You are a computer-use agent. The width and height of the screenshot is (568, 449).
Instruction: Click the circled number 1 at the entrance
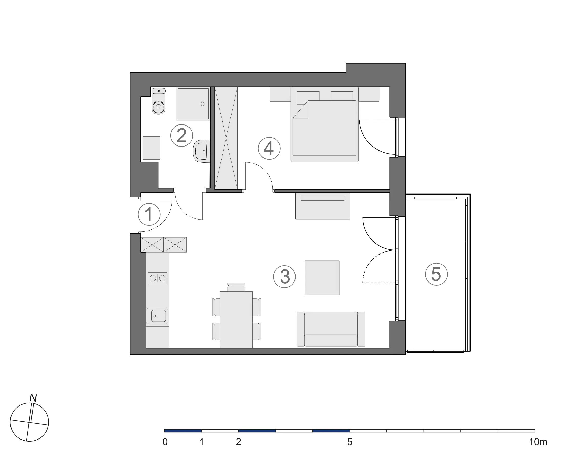click(149, 214)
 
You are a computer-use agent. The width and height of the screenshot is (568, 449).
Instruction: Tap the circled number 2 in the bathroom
click(182, 136)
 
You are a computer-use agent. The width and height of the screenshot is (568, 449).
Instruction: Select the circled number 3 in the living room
click(285, 277)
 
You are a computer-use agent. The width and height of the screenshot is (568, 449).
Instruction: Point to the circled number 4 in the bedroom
click(269, 148)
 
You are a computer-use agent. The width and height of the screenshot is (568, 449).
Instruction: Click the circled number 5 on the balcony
click(436, 274)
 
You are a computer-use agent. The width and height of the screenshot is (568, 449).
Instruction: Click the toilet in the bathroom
click(159, 101)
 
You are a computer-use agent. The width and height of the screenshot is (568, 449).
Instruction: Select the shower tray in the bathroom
click(193, 104)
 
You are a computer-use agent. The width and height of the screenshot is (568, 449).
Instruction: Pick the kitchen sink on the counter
click(157, 316)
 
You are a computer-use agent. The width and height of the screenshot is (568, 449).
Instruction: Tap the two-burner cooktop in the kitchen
click(157, 278)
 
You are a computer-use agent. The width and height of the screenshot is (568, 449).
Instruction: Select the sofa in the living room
click(331, 329)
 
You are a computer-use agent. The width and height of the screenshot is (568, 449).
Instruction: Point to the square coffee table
click(322, 278)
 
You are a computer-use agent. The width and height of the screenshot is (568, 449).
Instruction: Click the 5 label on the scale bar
click(350, 442)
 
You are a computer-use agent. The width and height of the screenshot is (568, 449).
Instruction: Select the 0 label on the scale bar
click(165, 442)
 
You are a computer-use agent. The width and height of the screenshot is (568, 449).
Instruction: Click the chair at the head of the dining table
click(236, 287)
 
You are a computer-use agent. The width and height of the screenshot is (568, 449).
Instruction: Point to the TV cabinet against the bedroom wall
click(322, 206)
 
